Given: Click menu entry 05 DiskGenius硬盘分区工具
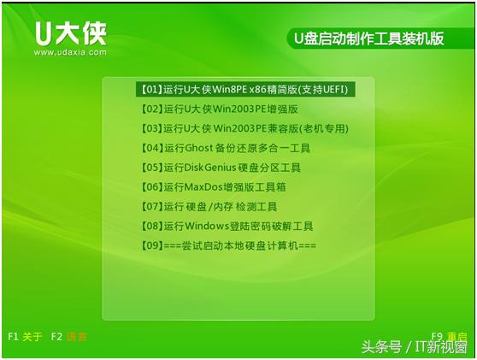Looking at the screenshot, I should pyautogui.click(x=220, y=168).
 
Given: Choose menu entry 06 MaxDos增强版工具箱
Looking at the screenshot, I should pyautogui.click(x=214, y=187).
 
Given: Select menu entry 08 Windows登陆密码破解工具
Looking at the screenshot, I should pyautogui.click(x=227, y=227).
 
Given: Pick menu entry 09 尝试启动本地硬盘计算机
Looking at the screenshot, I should pyautogui.click(x=227, y=246).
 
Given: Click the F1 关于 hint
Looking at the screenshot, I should pyautogui.click(x=25, y=336).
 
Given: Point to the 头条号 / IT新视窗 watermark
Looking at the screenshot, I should pyautogui.click(x=414, y=347).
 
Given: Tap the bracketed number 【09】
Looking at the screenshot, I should pyautogui.click(x=150, y=246).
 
